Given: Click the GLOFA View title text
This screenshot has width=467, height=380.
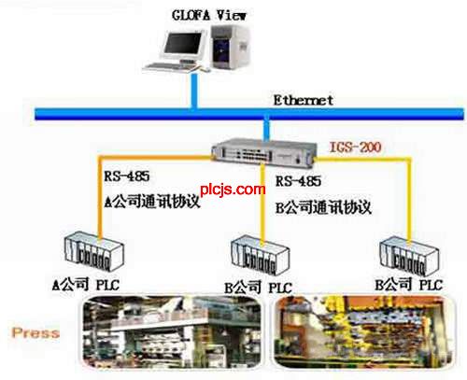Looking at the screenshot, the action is click(x=209, y=15).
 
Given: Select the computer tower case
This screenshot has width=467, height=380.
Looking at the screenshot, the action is click(x=231, y=47).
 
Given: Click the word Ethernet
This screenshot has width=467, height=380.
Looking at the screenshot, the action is click(x=304, y=100).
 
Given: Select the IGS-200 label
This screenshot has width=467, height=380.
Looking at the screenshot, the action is click(x=355, y=147).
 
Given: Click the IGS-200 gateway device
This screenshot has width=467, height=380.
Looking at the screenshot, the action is click(x=264, y=153).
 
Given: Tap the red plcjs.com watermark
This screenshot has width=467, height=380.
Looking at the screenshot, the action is click(x=233, y=190).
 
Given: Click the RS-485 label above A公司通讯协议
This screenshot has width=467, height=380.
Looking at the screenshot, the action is click(x=127, y=176).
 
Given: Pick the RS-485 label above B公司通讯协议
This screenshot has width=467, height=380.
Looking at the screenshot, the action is click(x=298, y=181).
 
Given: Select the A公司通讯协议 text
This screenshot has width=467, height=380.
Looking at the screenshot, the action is click(x=152, y=202).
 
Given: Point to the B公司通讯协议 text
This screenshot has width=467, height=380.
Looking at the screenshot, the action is click(x=323, y=207).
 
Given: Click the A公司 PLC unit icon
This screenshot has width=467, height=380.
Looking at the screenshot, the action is click(x=94, y=251).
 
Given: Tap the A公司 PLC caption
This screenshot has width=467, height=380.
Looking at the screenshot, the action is click(x=86, y=285).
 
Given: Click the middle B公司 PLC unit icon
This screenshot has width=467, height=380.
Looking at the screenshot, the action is click(x=261, y=255).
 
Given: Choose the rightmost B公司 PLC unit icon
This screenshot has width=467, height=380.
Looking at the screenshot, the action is click(x=409, y=256).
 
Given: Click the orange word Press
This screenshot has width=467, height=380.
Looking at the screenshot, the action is click(x=35, y=332).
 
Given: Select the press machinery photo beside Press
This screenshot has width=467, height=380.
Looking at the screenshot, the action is click(x=172, y=332).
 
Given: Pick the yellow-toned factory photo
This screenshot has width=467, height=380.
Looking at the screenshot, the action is click(x=364, y=332).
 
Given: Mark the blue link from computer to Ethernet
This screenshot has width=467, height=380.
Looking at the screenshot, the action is click(x=194, y=91).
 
